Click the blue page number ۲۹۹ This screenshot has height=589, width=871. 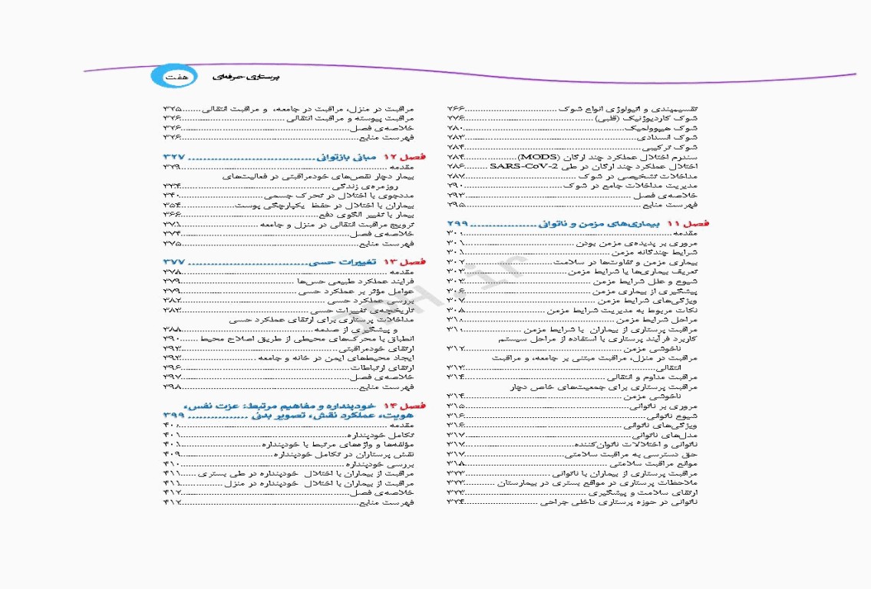pyautogui.click(x=460, y=223)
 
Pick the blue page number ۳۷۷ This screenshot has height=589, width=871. pyautogui.click(x=177, y=262)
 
